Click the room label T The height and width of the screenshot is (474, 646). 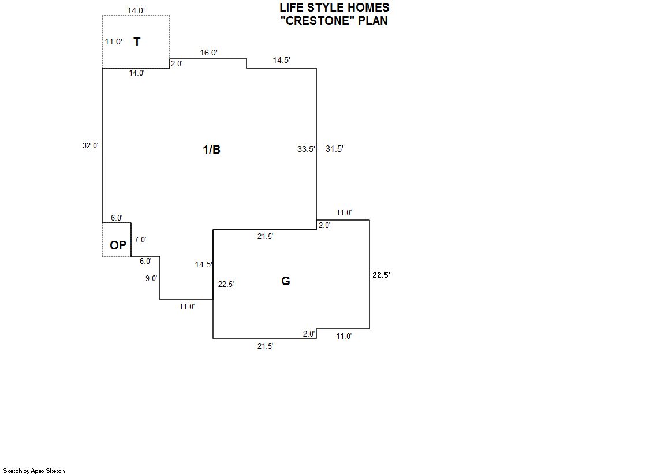pos(137,42)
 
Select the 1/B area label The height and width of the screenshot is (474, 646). pos(211,150)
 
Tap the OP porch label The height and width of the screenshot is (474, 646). pos(118,245)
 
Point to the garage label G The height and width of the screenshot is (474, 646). pos(285,281)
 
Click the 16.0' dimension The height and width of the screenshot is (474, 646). pos(208,53)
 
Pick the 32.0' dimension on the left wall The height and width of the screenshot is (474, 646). pos(91,146)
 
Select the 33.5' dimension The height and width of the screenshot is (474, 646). pos(306,149)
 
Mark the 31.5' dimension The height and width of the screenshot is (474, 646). pos(334,149)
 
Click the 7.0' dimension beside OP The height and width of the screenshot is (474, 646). pos(140,240)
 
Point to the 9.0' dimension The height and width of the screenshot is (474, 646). pos(151,278)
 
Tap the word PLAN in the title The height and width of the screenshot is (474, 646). pos(373,21)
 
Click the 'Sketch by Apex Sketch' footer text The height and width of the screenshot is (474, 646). pos(34,471)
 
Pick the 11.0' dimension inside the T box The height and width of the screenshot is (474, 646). pos(113,42)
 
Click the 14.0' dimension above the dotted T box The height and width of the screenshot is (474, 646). pos(136,10)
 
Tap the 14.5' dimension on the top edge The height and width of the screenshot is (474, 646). pos(281,60)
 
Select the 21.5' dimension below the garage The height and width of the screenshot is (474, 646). pos(265,346)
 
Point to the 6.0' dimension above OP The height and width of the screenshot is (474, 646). pos(117,218)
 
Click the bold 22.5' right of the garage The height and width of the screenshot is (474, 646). pos(382,275)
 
